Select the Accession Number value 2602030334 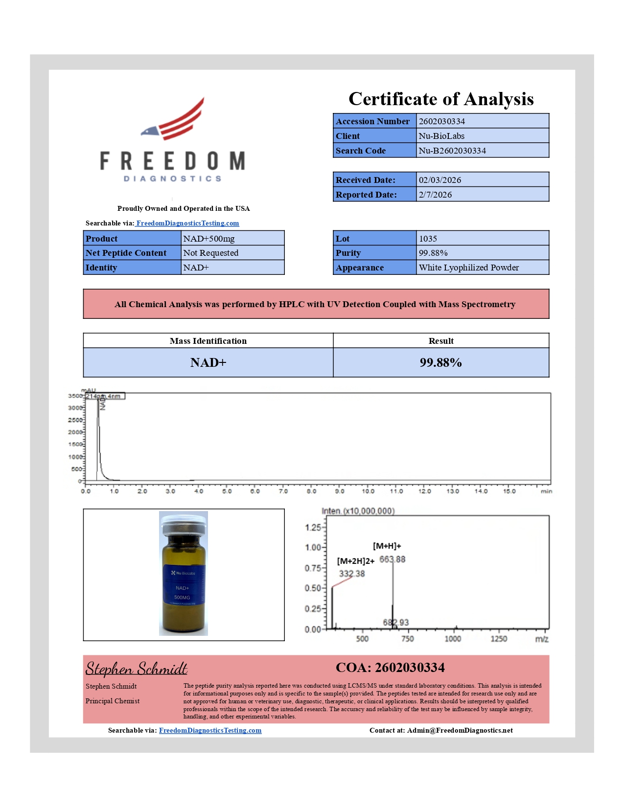pos(441,121)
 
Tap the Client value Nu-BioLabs pos(441,136)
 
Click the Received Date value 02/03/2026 pos(439,180)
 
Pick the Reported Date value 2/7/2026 pos(435,195)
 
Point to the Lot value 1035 pos(428,239)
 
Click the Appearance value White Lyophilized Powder pos(468,268)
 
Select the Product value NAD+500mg pos(209,239)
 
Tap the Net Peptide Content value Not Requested pos(211,253)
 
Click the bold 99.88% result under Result pos(440,362)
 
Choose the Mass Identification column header pos(208,341)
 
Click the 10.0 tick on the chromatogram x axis pos(368,491)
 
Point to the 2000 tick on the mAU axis pos(75,432)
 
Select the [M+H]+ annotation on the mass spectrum pos(387,546)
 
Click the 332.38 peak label pos(352,574)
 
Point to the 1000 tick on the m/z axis pos(453,639)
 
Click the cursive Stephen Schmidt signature pos(137,669)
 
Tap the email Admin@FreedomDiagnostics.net pos(460,730)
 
